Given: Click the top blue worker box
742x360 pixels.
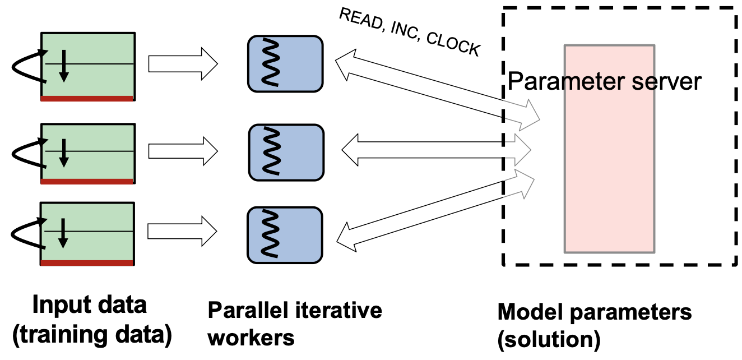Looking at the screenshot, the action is pyautogui.click(x=285, y=64).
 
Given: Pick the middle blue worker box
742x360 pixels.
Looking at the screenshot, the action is pyautogui.click(x=286, y=153).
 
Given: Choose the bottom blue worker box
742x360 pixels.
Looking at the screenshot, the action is pyautogui.click(x=285, y=235).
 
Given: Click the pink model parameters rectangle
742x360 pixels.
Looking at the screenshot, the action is pyautogui.click(x=610, y=149).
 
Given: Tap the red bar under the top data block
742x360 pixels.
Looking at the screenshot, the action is pyautogui.click(x=87, y=99).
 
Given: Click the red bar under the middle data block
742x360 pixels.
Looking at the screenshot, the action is pyautogui.click(x=87, y=181).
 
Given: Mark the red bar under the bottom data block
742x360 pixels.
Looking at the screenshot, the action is pyautogui.click(x=86, y=263).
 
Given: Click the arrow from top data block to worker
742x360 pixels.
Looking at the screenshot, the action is pyautogui.click(x=183, y=64).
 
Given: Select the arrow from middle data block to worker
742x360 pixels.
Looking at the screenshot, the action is pyautogui.click(x=183, y=151).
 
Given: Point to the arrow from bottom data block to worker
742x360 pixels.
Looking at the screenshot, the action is pyautogui.click(x=182, y=231).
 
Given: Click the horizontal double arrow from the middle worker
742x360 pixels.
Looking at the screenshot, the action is pyautogui.click(x=436, y=150).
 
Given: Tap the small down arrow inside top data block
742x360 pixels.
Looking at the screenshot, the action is pyautogui.click(x=64, y=66).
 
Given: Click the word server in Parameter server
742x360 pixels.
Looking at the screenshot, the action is pyautogui.click(x=666, y=81).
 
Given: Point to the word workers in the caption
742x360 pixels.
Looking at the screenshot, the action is pyautogui.click(x=251, y=338).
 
